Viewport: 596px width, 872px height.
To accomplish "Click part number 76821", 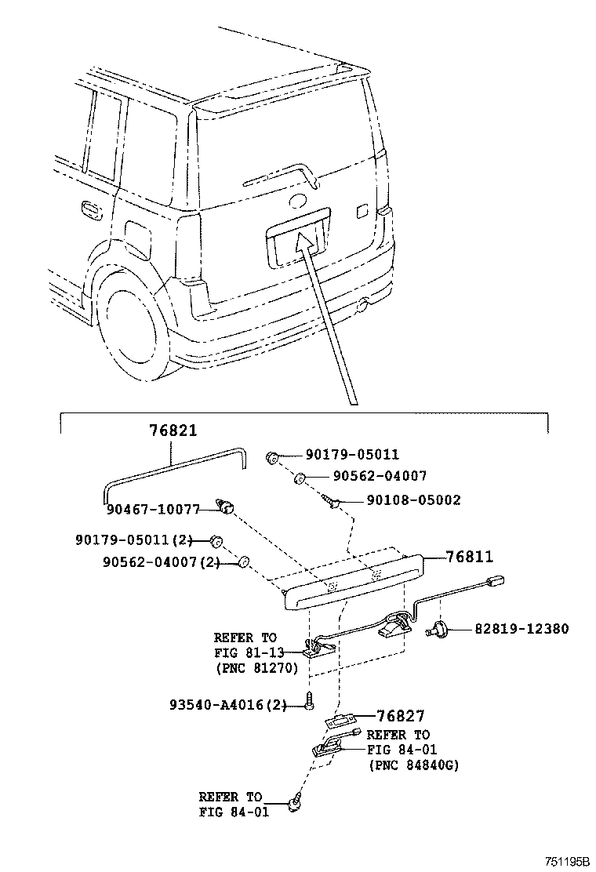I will (x=173, y=431).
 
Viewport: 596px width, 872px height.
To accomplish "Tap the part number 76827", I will (x=400, y=715).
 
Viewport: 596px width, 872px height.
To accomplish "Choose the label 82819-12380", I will (x=521, y=628).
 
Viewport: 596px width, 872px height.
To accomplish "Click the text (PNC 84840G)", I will (x=412, y=765).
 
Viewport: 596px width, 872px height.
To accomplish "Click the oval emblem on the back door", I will (x=298, y=201).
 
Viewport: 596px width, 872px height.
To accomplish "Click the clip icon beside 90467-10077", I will (x=228, y=510).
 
